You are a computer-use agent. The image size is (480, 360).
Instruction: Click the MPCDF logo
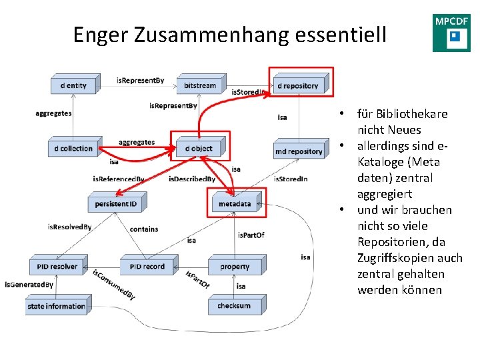coord(451,33)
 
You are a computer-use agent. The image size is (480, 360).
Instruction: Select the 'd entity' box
coord(73,85)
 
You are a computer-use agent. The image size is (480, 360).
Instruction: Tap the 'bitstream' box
coord(199,85)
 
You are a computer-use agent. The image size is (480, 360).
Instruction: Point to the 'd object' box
coord(199,148)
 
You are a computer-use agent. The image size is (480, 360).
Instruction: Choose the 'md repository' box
coord(298,151)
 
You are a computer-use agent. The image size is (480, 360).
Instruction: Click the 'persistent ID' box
coord(115,203)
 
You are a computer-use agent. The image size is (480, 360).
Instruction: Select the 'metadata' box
coord(235,203)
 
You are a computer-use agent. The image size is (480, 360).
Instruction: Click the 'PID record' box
coord(147,267)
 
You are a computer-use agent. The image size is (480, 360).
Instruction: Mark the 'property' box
coord(235,267)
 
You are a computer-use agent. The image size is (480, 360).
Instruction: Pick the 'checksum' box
coord(234,306)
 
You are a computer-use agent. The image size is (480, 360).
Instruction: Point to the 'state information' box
coord(57,307)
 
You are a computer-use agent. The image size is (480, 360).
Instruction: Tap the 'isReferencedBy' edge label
coord(119,179)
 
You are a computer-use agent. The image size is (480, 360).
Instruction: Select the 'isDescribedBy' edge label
coord(192,179)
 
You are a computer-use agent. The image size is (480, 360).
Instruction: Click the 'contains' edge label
coord(144,229)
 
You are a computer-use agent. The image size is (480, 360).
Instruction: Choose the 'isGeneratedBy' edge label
coord(29,285)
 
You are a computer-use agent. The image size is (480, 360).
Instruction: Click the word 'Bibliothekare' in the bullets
coord(412,114)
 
